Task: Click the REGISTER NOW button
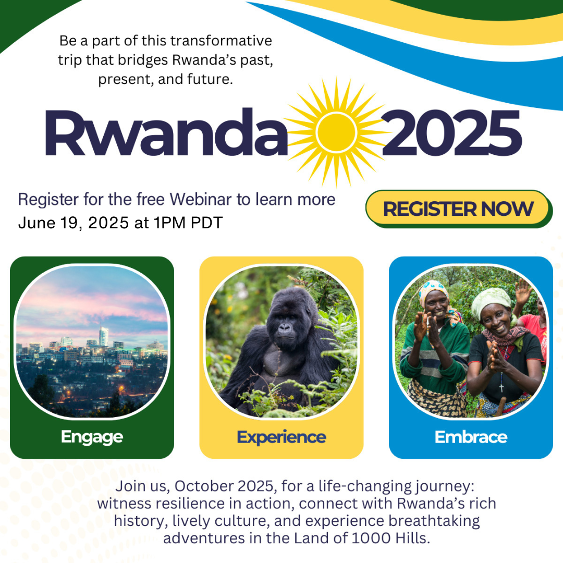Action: (459, 209)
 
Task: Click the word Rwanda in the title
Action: (166, 132)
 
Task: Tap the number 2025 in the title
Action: (451, 133)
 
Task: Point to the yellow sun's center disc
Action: (336, 132)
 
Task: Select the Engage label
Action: (92, 437)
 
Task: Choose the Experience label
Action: (281, 437)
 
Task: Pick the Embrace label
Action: (471, 437)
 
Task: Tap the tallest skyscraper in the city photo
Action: (103, 336)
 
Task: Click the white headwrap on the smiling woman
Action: (491, 302)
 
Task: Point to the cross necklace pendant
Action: (501, 387)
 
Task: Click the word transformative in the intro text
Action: (221, 41)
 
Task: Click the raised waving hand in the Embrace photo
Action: (522, 291)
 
